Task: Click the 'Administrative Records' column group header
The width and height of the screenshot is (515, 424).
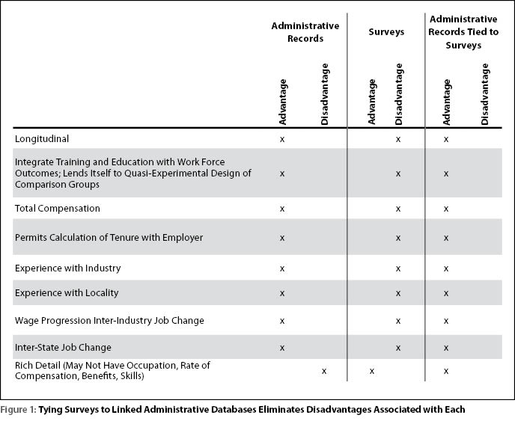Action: tap(305, 32)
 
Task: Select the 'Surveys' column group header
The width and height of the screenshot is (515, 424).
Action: tap(386, 32)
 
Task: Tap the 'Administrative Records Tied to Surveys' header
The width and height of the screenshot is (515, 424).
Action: tap(463, 32)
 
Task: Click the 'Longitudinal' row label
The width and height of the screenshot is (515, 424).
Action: tap(42, 139)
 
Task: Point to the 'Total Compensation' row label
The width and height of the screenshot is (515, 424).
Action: tap(58, 209)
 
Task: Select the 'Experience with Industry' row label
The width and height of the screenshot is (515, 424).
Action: tap(67, 268)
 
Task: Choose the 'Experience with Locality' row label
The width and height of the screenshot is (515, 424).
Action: tap(67, 292)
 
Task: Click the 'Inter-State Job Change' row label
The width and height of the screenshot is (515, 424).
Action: tap(63, 347)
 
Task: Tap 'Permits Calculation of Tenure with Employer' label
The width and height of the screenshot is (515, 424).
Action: tap(109, 237)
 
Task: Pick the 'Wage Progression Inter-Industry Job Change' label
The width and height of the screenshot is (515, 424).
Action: tap(109, 320)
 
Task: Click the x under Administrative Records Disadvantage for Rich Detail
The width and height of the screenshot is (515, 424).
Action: tap(324, 371)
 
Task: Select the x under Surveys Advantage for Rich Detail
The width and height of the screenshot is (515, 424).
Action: tap(372, 371)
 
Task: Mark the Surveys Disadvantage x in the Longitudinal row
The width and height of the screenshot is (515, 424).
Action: tap(398, 140)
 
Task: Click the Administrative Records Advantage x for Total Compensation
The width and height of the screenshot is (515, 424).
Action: tap(282, 209)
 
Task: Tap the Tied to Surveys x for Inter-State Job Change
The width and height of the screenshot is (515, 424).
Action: tap(446, 348)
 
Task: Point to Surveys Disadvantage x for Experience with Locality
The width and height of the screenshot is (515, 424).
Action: tap(398, 293)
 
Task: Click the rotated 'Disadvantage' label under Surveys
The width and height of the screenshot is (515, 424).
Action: tap(398, 94)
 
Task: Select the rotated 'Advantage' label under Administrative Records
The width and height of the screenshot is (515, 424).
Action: tap(282, 102)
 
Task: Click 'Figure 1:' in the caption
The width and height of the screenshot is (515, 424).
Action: tap(19, 410)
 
